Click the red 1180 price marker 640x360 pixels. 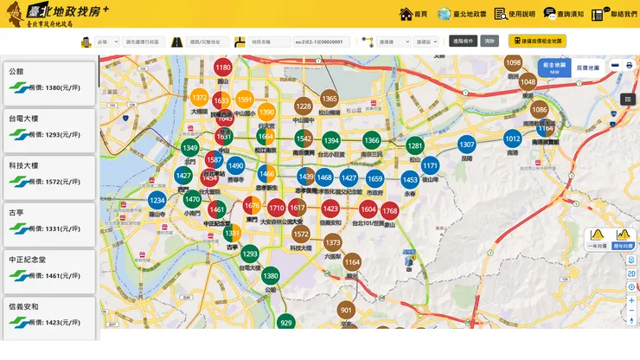pos(223,67)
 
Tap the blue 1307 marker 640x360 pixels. pos(467,145)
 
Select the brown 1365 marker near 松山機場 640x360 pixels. pos(330,100)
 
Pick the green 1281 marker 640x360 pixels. pos(415,146)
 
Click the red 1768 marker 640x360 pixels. pos(390,210)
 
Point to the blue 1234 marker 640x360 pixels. pos(157,201)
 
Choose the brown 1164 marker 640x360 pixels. pos(352,261)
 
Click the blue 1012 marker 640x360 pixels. pos(513,138)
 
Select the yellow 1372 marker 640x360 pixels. pos(200,98)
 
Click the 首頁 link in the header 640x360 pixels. pos(414,15)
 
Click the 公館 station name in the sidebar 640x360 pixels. pos(17,72)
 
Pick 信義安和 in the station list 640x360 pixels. pos(24,305)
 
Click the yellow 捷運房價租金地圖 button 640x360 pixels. pos(537,41)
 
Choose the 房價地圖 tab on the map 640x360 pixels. pos(587,67)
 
